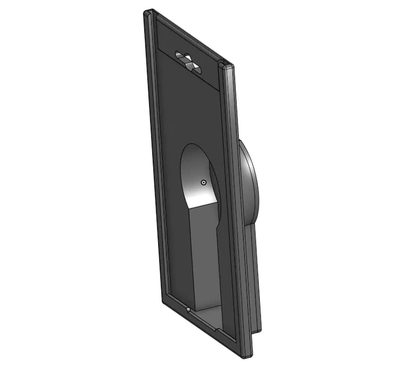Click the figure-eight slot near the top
coord(188,60)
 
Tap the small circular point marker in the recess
coord(204,182)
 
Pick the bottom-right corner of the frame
coord(247,356)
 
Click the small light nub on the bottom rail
coord(189,310)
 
